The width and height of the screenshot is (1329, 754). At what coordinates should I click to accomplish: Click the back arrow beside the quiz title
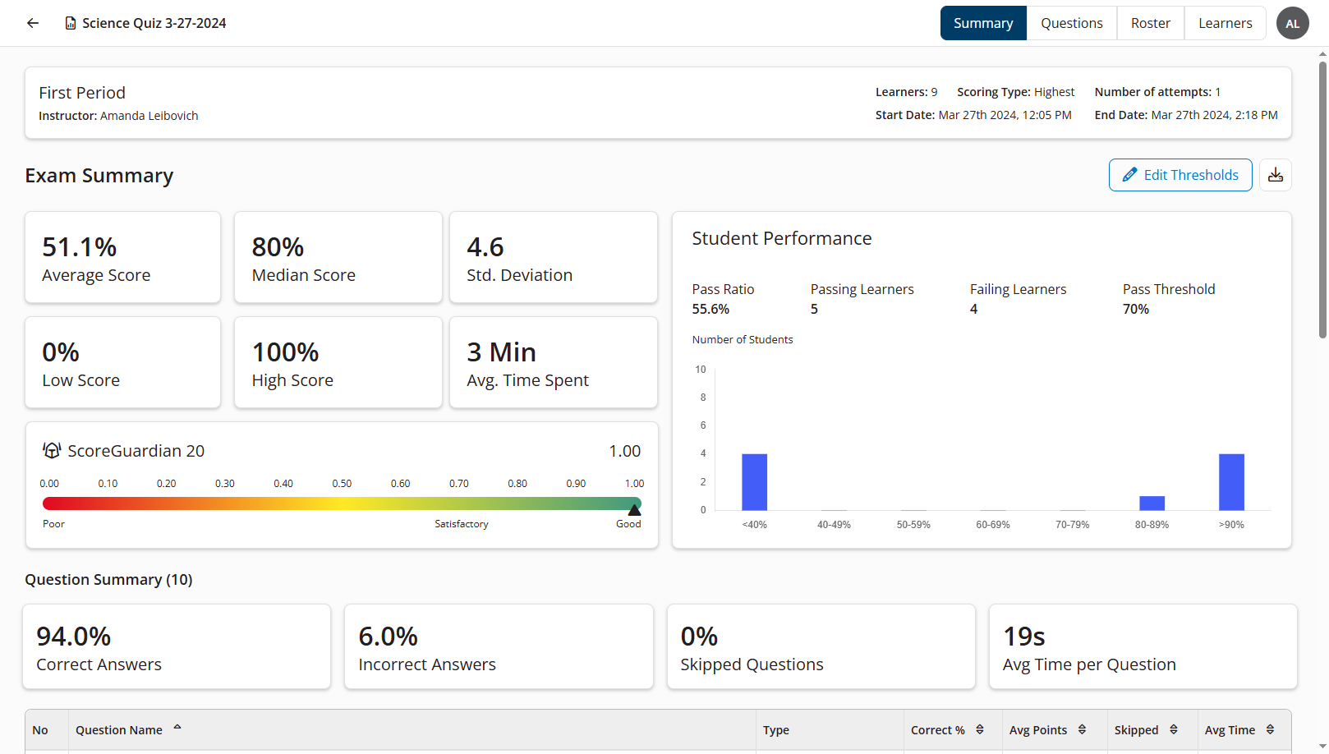(33, 23)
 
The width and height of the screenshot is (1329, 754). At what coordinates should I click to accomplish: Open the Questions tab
(1071, 23)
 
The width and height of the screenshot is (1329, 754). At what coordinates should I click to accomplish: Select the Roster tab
(1150, 23)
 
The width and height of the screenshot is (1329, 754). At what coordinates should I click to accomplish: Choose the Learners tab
(1225, 23)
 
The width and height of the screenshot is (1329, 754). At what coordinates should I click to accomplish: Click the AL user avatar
(1292, 23)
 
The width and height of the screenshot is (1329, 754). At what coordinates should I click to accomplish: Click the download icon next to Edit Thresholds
(1275, 175)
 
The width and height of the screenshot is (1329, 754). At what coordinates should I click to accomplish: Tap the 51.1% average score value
(80, 247)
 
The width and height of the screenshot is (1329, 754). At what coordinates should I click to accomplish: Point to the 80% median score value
(278, 247)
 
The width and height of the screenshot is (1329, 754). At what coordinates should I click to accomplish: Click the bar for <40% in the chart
(754, 482)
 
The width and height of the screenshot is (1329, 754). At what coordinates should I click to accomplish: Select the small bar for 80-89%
(1152, 503)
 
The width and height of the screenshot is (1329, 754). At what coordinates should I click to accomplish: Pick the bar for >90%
(1231, 482)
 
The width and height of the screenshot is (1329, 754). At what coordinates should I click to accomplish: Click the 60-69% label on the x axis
(992, 525)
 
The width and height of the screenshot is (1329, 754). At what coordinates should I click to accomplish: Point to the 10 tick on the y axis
(701, 370)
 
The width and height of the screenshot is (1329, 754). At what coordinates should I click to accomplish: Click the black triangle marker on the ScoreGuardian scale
(634, 510)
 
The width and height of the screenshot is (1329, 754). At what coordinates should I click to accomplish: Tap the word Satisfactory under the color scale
(461, 524)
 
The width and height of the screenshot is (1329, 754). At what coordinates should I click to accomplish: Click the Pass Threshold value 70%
(1136, 310)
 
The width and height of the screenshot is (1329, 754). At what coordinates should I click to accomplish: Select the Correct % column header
(937, 730)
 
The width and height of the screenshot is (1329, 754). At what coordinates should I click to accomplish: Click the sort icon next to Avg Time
(1270, 729)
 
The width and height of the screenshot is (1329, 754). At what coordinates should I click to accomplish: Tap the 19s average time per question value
(1023, 637)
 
